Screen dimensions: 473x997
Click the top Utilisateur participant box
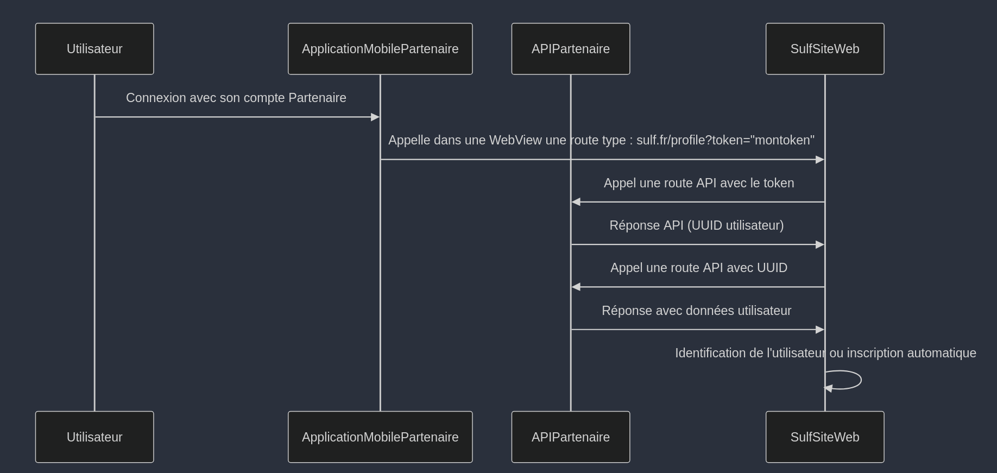coord(94,49)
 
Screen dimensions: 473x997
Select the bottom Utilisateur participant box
coord(94,437)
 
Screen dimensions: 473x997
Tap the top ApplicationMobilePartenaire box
coord(380,49)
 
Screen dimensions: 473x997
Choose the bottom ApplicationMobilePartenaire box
coord(380,437)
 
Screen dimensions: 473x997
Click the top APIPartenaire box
coord(571,49)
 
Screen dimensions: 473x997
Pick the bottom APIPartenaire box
coord(571,437)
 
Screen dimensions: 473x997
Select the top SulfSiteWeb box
coord(825,49)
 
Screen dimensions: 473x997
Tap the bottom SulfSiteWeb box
coord(825,437)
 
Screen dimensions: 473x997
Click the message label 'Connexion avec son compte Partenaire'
coord(236,98)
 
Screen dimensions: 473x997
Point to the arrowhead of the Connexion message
coord(375,117)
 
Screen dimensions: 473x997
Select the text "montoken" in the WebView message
coord(782,140)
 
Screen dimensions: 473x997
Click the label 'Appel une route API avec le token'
coord(699,183)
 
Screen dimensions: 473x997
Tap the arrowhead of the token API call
coord(576,202)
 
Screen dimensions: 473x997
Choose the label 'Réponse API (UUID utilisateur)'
coord(697,225)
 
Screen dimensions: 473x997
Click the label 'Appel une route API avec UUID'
coord(699,268)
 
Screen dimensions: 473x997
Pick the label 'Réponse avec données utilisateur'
coord(697,311)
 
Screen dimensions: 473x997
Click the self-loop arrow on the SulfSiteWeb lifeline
coord(860,380)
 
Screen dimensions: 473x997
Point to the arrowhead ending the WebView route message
coord(820,160)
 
